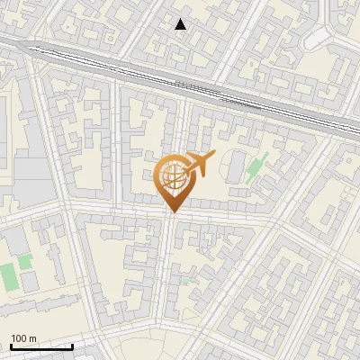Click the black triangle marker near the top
181,24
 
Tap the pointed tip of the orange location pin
172,212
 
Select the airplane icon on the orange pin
196,165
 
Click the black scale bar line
41,346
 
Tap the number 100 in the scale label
19,338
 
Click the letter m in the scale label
33,338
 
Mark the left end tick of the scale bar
11,345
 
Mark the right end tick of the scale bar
72,345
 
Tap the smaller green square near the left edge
25,261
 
